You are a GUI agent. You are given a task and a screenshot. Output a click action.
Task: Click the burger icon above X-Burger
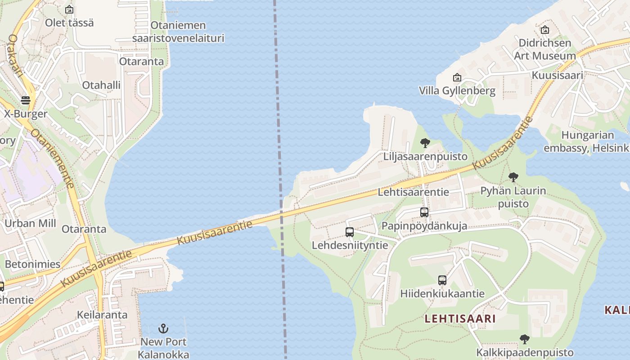(25, 100)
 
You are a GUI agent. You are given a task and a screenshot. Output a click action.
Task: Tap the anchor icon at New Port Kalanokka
(163, 328)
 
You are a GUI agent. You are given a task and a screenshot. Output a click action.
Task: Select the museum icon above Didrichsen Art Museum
(545, 30)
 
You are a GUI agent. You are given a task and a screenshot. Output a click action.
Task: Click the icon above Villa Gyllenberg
(457, 77)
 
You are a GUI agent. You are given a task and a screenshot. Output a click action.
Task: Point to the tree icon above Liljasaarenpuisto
(425, 144)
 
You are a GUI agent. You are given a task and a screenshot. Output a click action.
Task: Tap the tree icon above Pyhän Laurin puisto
(513, 177)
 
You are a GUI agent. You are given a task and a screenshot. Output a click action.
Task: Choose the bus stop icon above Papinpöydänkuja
(424, 212)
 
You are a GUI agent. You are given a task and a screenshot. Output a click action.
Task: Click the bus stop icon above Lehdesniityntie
(350, 232)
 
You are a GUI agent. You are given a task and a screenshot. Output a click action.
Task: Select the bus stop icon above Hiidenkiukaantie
(442, 280)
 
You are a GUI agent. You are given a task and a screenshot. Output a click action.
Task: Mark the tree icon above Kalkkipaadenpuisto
(524, 339)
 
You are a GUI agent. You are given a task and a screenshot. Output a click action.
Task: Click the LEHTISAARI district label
(460, 319)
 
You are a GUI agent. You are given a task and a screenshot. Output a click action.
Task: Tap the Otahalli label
(101, 85)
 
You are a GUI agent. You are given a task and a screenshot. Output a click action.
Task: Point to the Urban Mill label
(30, 223)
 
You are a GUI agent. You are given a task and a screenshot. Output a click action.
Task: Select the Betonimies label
(32, 264)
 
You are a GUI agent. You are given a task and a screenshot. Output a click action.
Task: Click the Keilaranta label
(102, 315)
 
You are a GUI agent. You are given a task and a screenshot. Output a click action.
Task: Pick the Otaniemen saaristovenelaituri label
(178, 31)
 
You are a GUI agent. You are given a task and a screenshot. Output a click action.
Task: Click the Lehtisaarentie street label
(413, 192)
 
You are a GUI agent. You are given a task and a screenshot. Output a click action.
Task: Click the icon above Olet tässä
(69, 9)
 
